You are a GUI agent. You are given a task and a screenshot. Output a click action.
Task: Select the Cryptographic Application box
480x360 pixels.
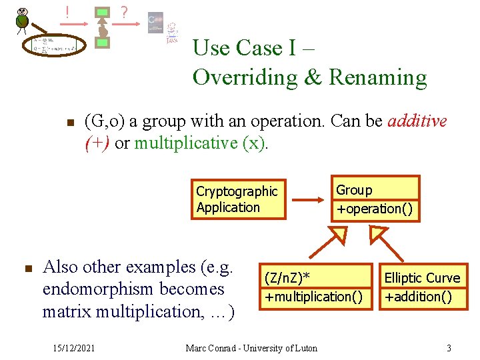point(237,199)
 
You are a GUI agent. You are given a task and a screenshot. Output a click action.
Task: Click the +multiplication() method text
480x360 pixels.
point(314,296)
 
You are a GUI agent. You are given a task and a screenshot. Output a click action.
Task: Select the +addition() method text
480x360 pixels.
point(418,296)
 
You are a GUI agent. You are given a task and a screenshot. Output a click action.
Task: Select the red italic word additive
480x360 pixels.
point(417,121)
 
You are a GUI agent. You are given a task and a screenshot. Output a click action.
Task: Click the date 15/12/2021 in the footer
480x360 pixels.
point(74,347)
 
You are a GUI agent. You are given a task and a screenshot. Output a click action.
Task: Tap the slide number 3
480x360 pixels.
point(449,347)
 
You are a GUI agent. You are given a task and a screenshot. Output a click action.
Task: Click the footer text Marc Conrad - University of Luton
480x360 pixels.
point(251,347)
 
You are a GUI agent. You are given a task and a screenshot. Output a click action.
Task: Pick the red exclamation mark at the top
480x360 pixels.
point(68,11)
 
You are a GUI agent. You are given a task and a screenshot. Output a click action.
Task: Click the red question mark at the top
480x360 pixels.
point(124,12)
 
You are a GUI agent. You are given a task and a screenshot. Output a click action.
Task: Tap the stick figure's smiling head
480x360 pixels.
point(23,11)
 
